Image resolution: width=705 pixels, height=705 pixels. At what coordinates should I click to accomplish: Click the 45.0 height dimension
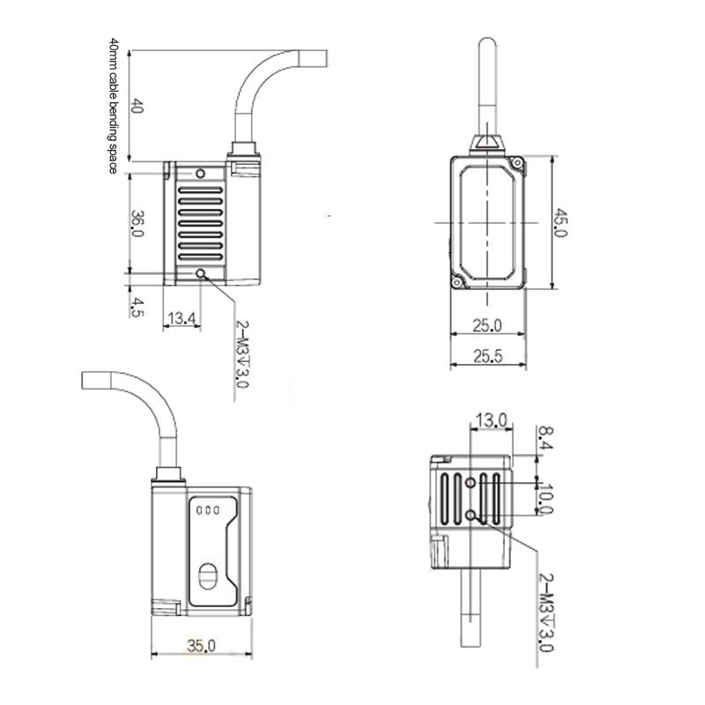tap(560, 222)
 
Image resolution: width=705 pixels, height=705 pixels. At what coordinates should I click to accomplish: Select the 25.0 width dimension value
tap(487, 325)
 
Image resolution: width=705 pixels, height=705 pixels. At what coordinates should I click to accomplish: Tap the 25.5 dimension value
tap(488, 356)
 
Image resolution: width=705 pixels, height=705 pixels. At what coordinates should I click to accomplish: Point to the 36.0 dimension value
tap(137, 224)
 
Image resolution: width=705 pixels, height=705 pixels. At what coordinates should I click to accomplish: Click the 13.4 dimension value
tap(182, 318)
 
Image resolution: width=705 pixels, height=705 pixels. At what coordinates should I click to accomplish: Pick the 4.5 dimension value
tap(137, 308)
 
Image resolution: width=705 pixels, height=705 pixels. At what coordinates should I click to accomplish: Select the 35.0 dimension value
tap(202, 646)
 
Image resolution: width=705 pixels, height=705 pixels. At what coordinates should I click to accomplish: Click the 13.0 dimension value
tap(492, 421)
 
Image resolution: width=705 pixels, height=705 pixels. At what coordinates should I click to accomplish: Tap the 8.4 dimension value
tap(545, 438)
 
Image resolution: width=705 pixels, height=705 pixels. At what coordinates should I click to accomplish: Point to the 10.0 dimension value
tap(546, 499)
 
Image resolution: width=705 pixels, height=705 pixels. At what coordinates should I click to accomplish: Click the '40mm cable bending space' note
tap(113, 106)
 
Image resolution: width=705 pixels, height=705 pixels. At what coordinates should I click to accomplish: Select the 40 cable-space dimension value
tap(137, 106)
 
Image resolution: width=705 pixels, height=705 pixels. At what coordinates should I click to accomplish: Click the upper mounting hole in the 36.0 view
tap(201, 174)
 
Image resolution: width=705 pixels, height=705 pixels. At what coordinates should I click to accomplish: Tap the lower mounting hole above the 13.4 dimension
tap(201, 273)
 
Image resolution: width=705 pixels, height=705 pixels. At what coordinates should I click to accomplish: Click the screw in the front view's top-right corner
tap(517, 162)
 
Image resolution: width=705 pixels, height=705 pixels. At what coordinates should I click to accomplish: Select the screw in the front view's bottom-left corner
tap(457, 282)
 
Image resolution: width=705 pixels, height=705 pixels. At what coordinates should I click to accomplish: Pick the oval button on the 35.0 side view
tap(208, 576)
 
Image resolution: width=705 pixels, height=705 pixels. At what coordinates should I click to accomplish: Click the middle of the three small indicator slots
tap(209, 510)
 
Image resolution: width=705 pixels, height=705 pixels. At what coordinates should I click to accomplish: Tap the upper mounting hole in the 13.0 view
tap(471, 483)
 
